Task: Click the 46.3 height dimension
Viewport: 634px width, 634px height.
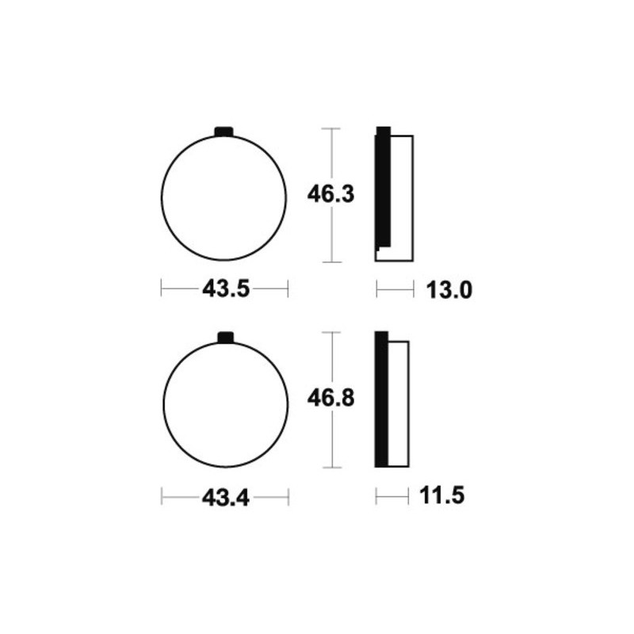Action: tap(330, 194)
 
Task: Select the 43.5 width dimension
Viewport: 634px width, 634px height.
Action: tap(226, 289)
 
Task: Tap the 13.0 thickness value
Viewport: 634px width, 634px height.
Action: tap(449, 290)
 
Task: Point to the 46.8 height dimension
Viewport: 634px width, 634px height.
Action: tap(330, 399)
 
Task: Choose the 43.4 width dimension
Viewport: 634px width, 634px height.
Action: tap(226, 498)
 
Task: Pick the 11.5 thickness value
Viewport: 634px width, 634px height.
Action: tap(442, 495)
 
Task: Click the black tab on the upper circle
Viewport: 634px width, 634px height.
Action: tap(224, 132)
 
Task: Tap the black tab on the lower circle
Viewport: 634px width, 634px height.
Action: tap(226, 338)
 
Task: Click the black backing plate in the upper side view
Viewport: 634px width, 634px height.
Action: tap(383, 187)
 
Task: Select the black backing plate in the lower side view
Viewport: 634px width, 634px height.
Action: tap(381, 399)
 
